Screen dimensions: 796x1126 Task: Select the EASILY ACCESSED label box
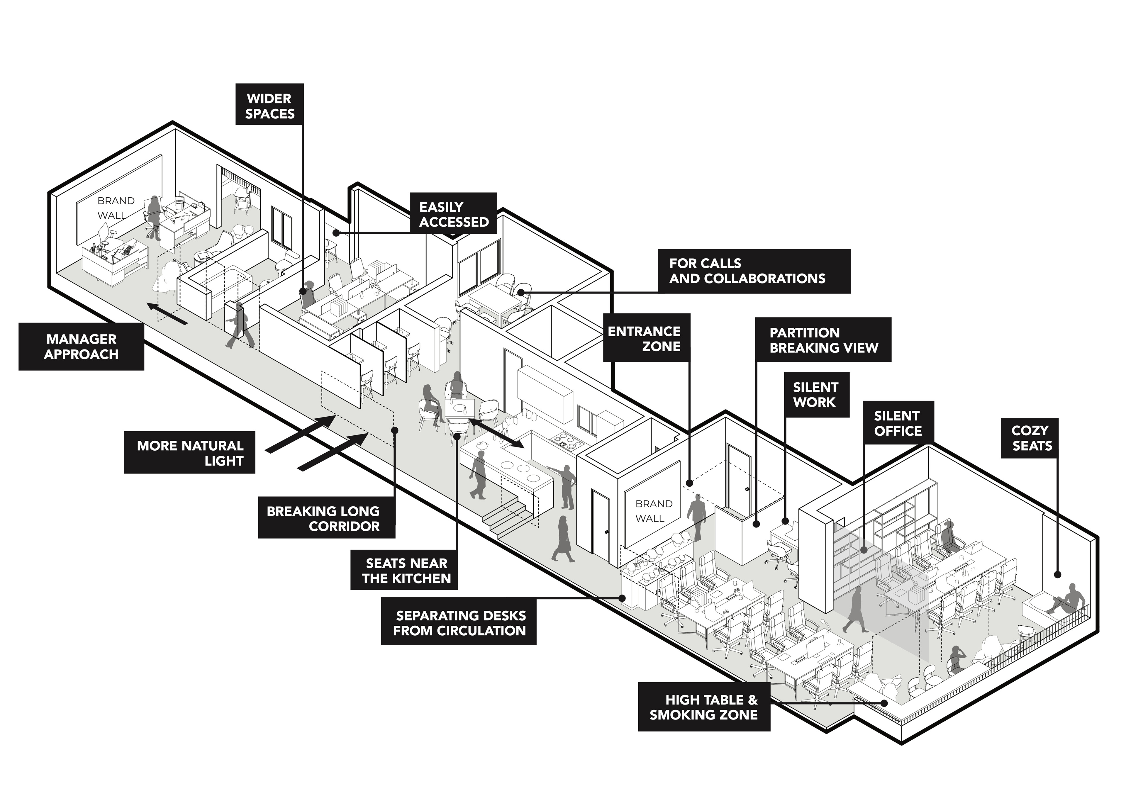click(454, 213)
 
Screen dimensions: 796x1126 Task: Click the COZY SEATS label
click(1029, 438)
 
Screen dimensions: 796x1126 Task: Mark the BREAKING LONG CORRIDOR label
click(326, 518)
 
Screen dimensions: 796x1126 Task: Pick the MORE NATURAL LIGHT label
click(190, 452)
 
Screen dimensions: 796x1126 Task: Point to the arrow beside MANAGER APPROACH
click(167, 314)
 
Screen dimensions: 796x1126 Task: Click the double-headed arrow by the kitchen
click(496, 432)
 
